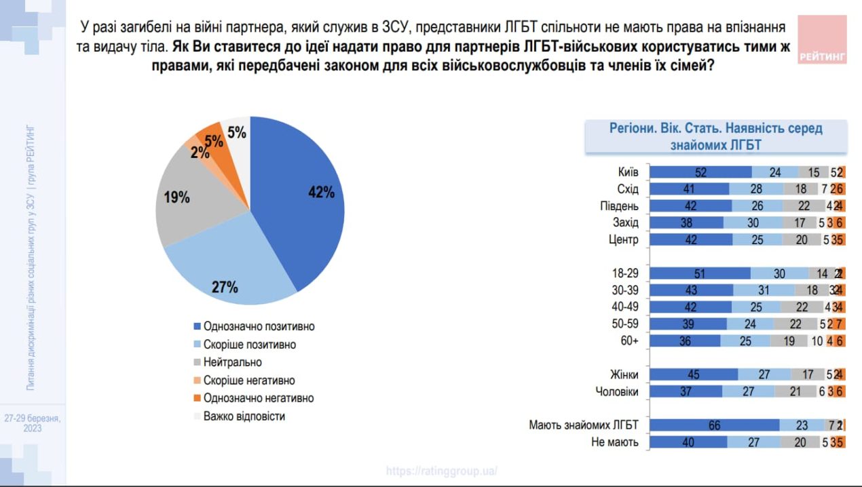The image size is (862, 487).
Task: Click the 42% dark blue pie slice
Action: pyautogui.click(x=299, y=197)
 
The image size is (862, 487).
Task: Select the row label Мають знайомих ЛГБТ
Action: pyautogui.click(x=584, y=425)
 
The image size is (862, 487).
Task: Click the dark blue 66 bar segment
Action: pyautogui.click(x=714, y=425)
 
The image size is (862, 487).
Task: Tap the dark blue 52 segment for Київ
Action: pyautogui.click(x=700, y=172)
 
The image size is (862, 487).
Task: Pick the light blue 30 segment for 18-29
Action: pyautogui.click(x=780, y=273)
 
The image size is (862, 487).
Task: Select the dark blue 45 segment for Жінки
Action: pyautogui.click(x=694, y=374)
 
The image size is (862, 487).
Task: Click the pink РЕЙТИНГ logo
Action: pyautogui.click(x=823, y=40)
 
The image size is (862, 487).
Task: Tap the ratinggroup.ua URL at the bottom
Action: pyautogui.click(x=442, y=470)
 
